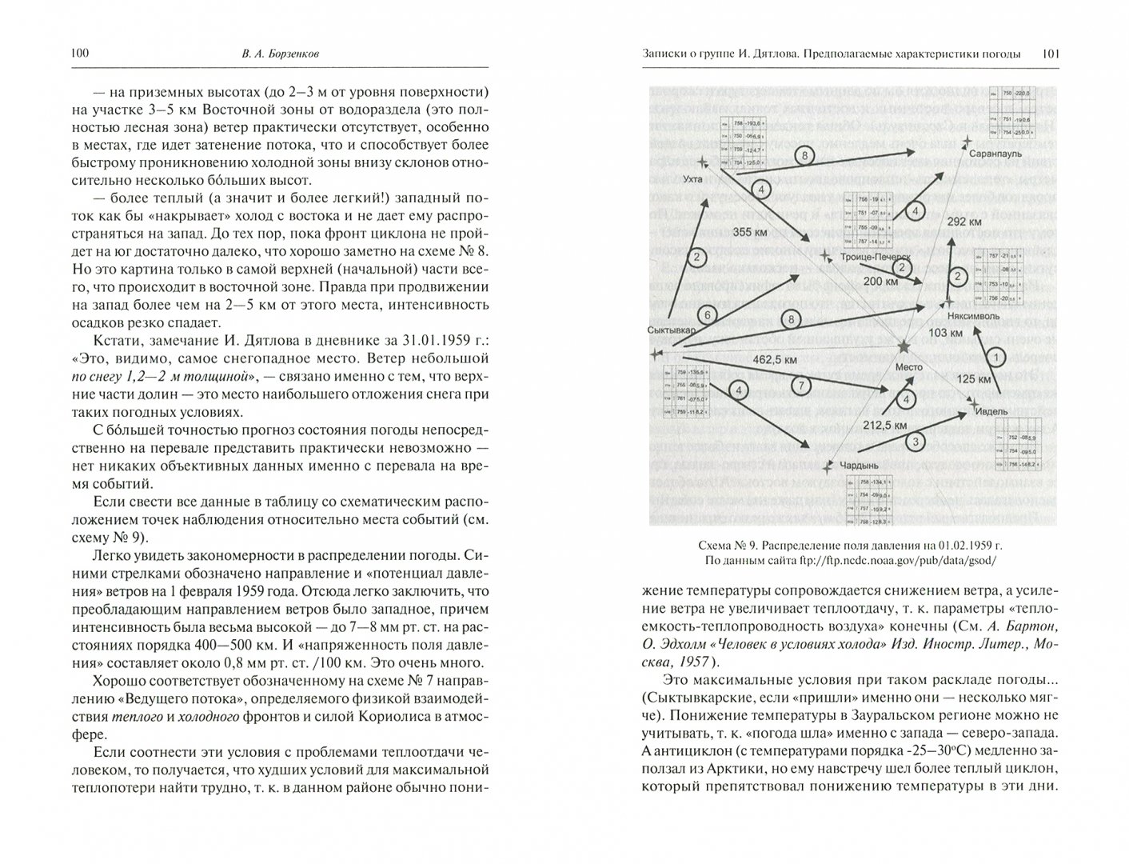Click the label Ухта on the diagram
693,179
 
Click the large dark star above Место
904,346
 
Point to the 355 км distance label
754,232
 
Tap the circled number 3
916,442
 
